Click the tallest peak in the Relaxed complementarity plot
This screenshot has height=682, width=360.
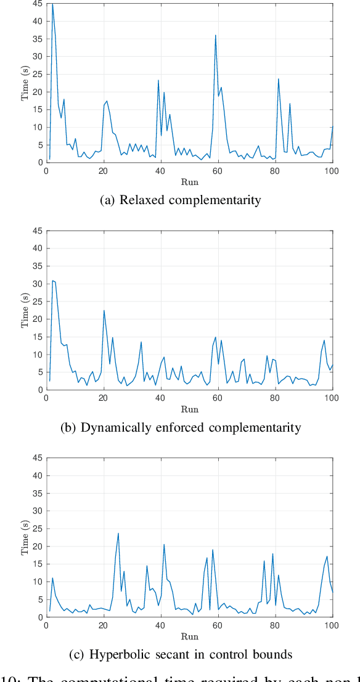click(52, 4)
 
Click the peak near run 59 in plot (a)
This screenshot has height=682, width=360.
click(215, 35)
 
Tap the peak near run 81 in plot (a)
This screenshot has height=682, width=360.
click(278, 79)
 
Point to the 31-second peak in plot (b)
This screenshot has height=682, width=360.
click(52, 281)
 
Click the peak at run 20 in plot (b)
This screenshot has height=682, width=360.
click(104, 310)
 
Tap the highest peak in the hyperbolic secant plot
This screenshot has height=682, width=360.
click(118, 533)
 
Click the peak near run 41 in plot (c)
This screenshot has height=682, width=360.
click(164, 544)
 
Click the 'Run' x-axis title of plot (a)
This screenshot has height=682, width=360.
click(190, 182)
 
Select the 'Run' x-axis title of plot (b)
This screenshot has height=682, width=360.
click(190, 409)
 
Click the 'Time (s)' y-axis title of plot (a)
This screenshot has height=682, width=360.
click(25, 83)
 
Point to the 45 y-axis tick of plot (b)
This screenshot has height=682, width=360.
click(38, 231)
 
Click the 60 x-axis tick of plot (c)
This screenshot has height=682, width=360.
click(218, 626)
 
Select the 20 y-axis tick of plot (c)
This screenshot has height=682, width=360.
click(38, 546)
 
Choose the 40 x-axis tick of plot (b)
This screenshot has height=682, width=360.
click(161, 398)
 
